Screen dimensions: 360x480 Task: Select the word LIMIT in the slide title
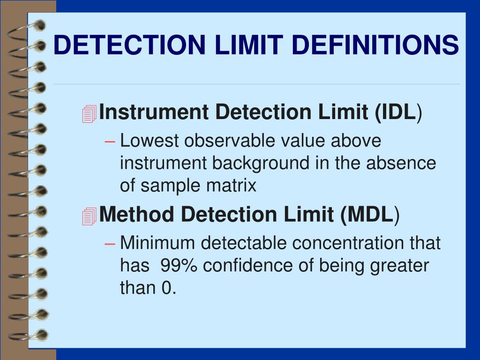coord(238,45)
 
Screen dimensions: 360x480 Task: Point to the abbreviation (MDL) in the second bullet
coord(370,215)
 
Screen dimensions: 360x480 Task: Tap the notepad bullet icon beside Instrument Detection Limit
coord(89,113)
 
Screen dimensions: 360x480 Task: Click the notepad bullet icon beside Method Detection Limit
coord(89,216)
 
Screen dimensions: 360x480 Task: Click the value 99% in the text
coord(180,266)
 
